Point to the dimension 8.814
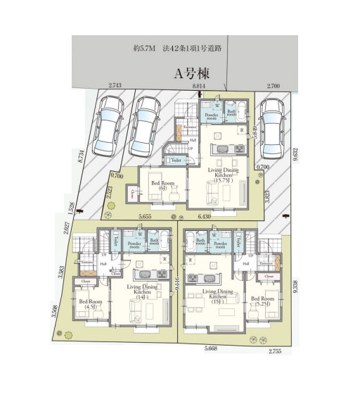pos(200,86)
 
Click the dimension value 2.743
pos(115,86)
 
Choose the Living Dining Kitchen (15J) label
pos(217,296)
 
